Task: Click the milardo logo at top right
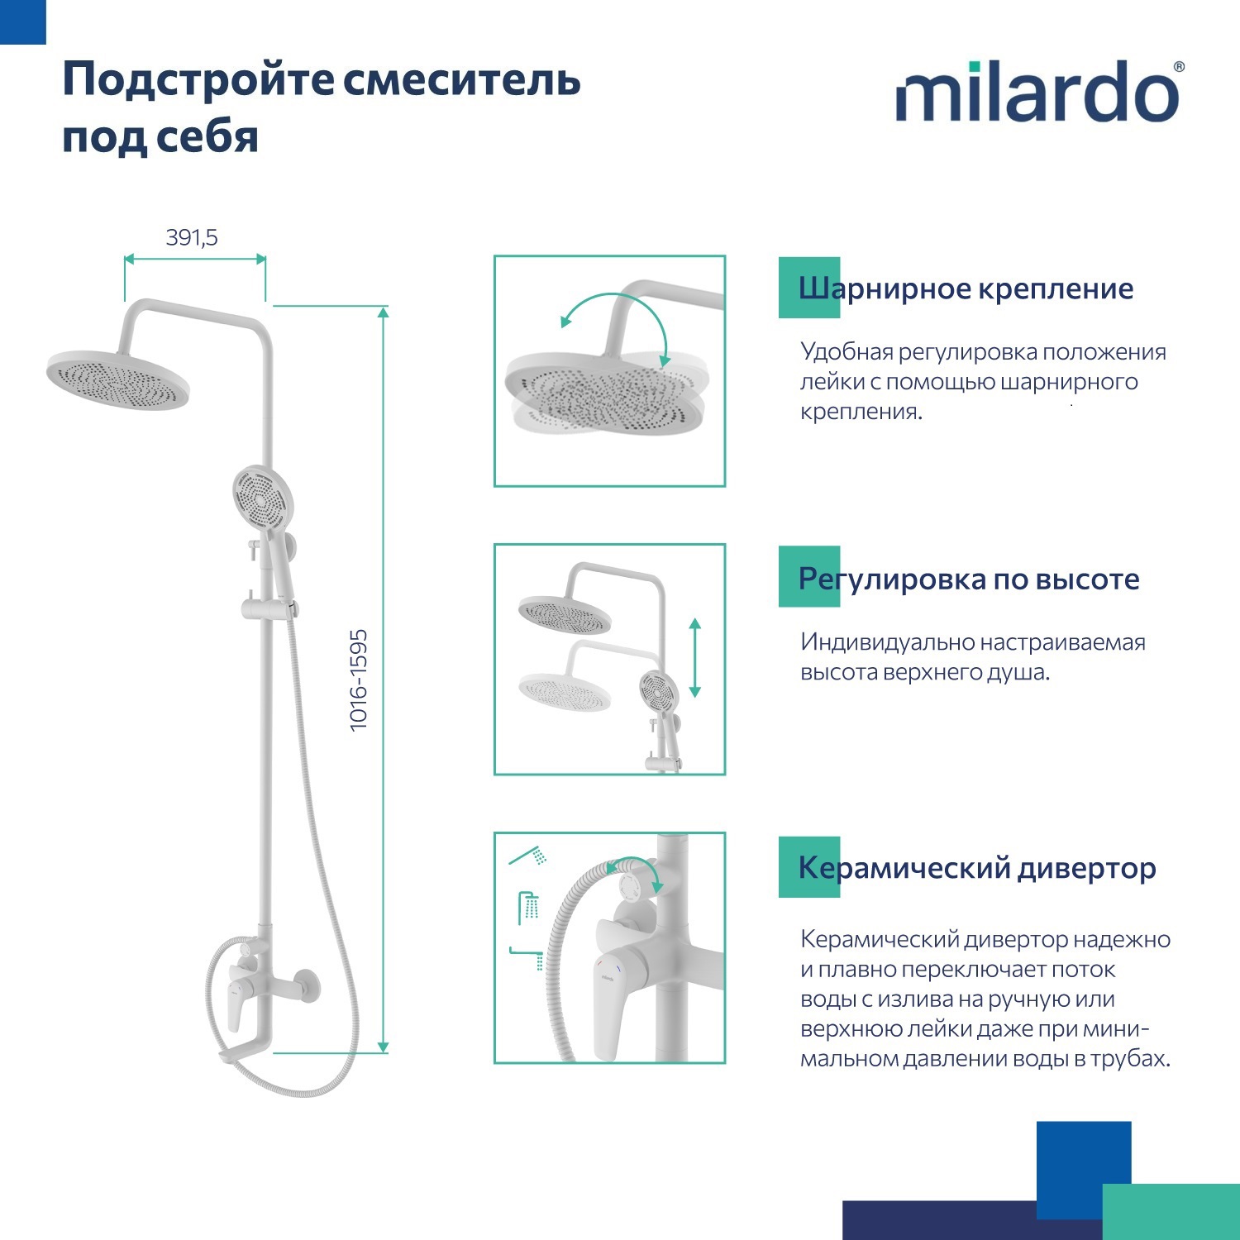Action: [x=1039, y=93]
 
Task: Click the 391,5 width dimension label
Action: [x=192, y=238]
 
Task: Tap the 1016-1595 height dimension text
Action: [x=358, y=680]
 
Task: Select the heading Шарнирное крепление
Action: [x=966, y=289]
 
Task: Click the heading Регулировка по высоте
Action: [x=968, y=579]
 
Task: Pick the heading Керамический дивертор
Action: [x=976, y=868]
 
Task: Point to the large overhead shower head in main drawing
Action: [x=118, y=379]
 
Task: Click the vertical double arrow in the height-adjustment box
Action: [x=694, y=657]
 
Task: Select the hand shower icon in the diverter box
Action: [x=528, y=856]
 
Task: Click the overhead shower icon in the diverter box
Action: [x=529, y=908]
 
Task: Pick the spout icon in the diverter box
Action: [x=527, y=957]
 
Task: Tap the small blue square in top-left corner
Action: [x=22, y=21]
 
